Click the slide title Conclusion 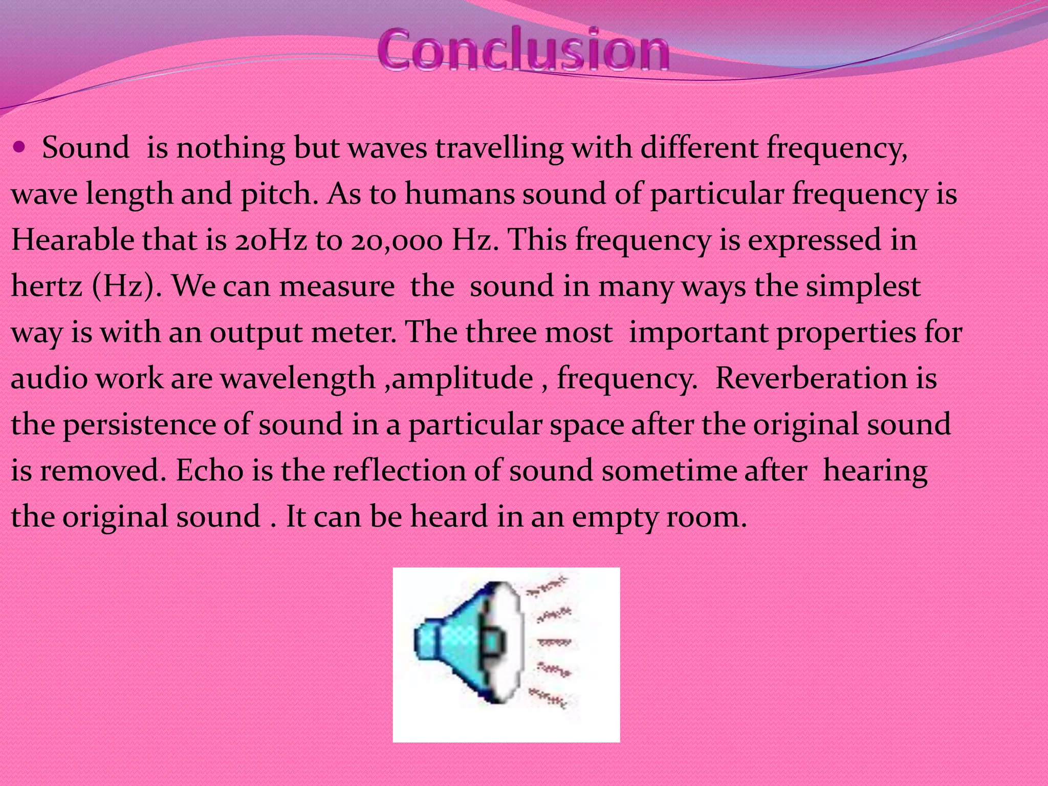523,50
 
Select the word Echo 209,470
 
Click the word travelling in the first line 499,148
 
